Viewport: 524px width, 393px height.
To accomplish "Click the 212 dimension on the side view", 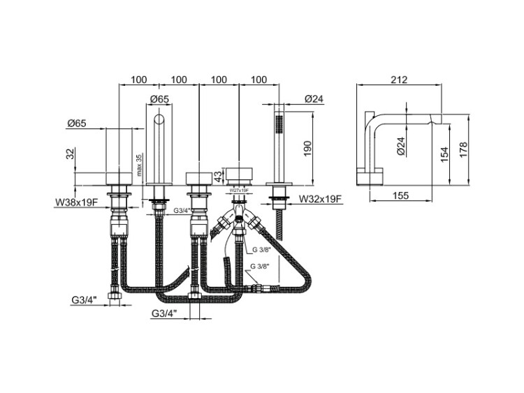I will click(x=400, y=80).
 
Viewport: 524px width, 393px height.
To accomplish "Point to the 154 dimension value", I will click(x=444, y=154).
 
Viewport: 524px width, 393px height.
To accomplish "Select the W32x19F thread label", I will click(x=319, y=199).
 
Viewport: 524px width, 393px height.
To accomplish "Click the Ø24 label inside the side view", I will click(x=400, y=144).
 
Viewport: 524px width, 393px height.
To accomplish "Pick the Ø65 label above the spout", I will click(x=160, y=99).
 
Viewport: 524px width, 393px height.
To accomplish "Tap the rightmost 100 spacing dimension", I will click(x=259, y=80).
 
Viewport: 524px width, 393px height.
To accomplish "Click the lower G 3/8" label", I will click(x=261, y=267).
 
